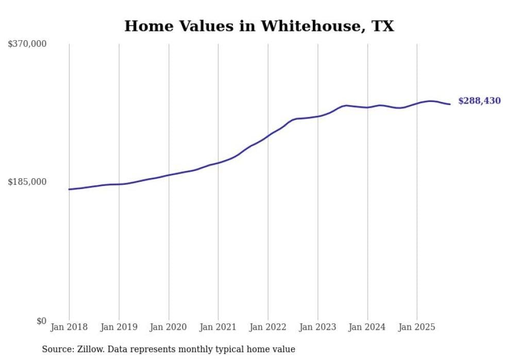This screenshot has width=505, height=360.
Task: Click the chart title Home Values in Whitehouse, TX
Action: (259, 26)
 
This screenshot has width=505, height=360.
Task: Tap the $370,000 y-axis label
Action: (27, 44)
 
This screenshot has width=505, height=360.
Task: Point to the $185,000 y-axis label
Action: (27, 182)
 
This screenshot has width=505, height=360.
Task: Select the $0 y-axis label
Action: (41, 321)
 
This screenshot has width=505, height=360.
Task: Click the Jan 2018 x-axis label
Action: (69, 327)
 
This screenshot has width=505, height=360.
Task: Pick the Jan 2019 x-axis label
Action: (119, 327)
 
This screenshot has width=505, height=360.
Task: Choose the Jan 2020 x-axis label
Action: (169, 327)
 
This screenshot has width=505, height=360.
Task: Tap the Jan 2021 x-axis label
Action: (218, 327)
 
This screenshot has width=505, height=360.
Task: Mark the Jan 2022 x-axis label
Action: (268, 327)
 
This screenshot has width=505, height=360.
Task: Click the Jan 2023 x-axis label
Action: (317, 327)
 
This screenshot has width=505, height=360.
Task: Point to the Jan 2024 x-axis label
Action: (367, 327)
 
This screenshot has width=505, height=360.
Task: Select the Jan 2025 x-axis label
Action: (416, 327)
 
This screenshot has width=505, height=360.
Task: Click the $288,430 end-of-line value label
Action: (479, 101)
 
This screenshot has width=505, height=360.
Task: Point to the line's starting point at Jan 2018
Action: (69, 190)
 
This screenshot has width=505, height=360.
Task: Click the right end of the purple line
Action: (450, 105)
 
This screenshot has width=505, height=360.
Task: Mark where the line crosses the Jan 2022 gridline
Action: (268, 136)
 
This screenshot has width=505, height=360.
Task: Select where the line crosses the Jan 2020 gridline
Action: (169, 175)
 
